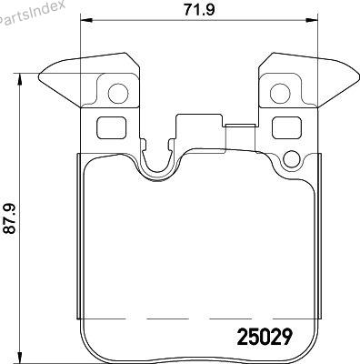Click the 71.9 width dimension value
[199, 10]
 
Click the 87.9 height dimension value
[9, 218]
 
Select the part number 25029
[265, 337]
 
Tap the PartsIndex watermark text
[32, 12]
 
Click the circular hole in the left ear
[118, 93]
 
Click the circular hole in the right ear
[280, 93]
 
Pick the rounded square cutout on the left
[111, 128]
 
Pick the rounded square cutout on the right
[286, 128]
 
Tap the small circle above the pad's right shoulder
[291, 158]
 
